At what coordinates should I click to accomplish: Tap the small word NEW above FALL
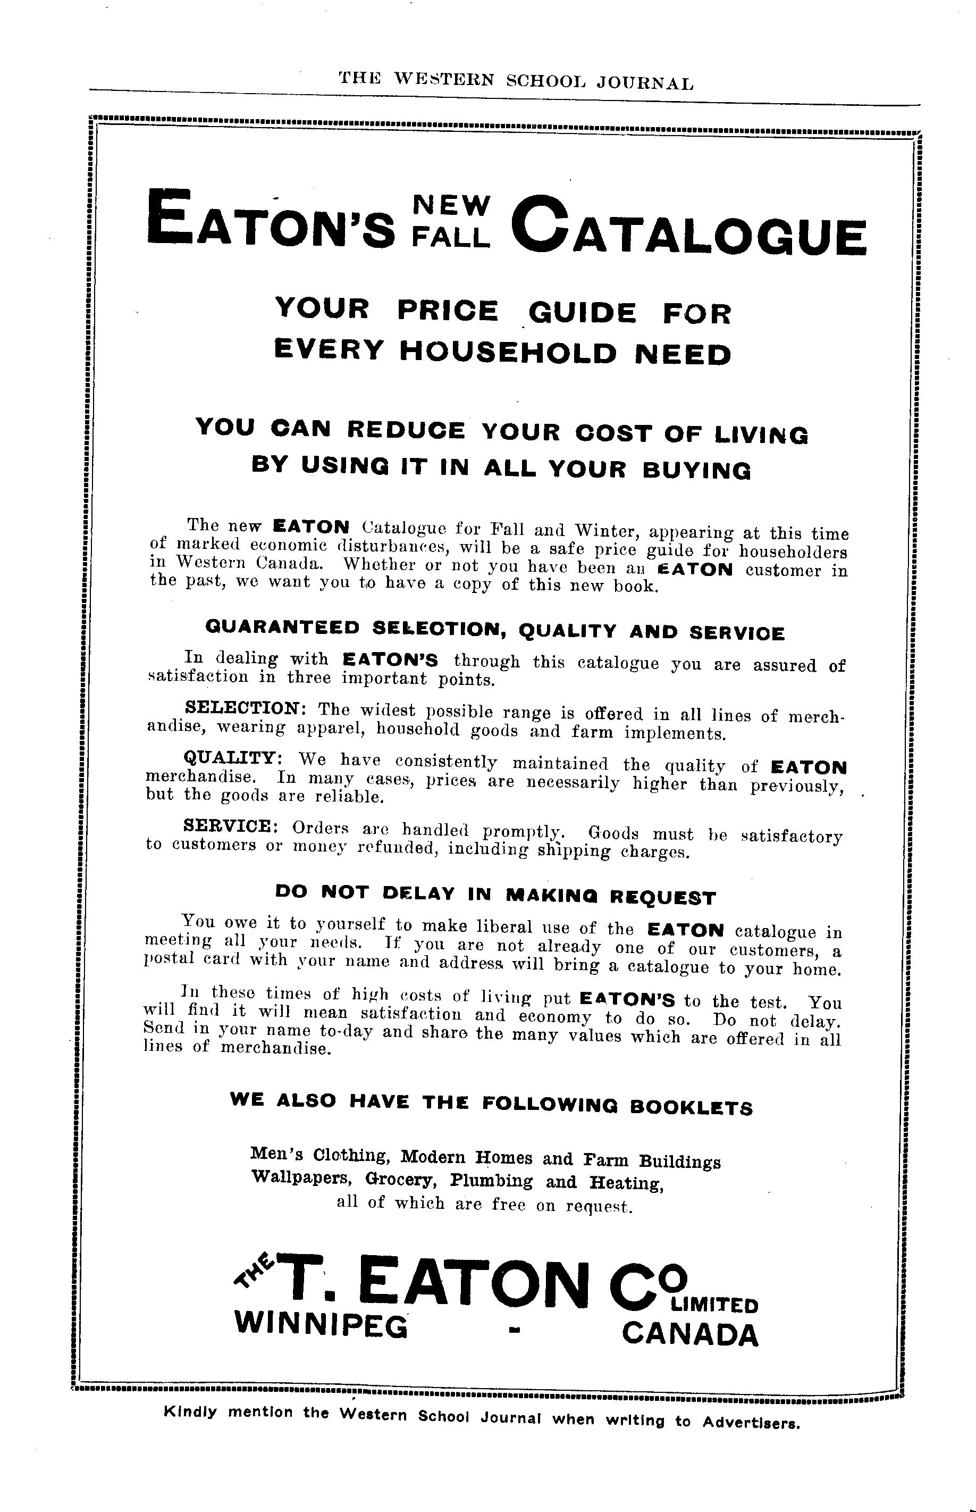451,204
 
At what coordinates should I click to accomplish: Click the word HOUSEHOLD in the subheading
508,353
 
